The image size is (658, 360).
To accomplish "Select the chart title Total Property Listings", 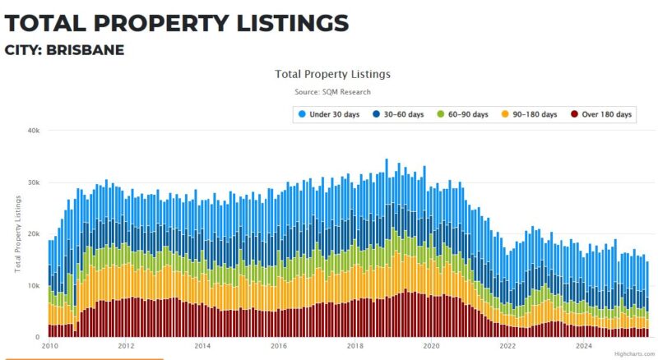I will point(332,74).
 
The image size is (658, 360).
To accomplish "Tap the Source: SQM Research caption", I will point(332,91).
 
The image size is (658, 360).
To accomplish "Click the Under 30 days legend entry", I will point(333,114).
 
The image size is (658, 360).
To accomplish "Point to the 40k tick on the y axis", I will point(33,131).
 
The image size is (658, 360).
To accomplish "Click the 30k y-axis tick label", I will point(33,182).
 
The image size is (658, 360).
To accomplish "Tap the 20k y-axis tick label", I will point(33,234).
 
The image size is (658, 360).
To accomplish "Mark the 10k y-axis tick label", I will point(33,286).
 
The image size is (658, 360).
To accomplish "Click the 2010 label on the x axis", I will point(49,346).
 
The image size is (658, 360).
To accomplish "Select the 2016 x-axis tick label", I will point(279,346).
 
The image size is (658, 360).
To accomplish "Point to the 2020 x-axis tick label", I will point(432,346).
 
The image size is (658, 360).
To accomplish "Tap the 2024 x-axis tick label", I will point(585,346).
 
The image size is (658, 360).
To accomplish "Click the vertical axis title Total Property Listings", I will point(17,234).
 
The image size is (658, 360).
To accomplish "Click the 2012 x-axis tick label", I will point(126,346).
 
